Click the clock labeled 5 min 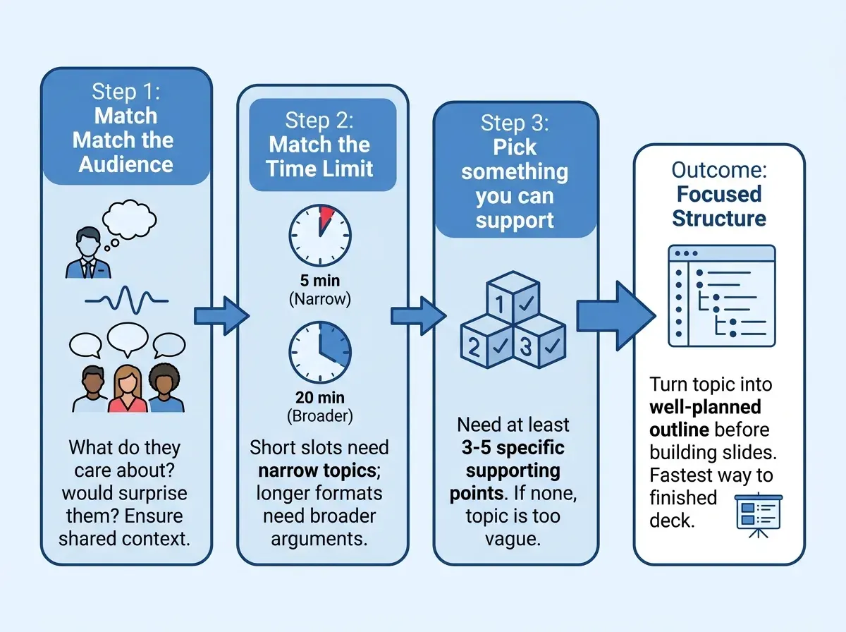tap(320, 235)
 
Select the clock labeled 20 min tap(320, 353)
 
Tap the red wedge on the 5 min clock tap(326, 217)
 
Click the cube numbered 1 tap(513, 297)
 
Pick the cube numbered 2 tap(486, 341)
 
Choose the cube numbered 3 tap(539, 341)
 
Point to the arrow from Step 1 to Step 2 tap(221, 316)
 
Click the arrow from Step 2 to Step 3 tap(419, 316)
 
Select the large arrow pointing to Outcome tap(616, 316)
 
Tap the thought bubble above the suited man tap(129, 219)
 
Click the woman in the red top tap(127, 389)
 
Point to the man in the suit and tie tap(89, 253)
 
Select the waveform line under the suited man tap(126, 300)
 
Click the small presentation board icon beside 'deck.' tap(759, 516)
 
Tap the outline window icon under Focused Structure tap(721, 296)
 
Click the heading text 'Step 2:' tap(319, 120)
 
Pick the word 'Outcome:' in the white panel tap(719, 170)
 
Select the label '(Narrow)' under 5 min tap(320, 299)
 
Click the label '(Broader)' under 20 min tap(320, 416)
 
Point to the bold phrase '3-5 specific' tap(513, 448)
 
